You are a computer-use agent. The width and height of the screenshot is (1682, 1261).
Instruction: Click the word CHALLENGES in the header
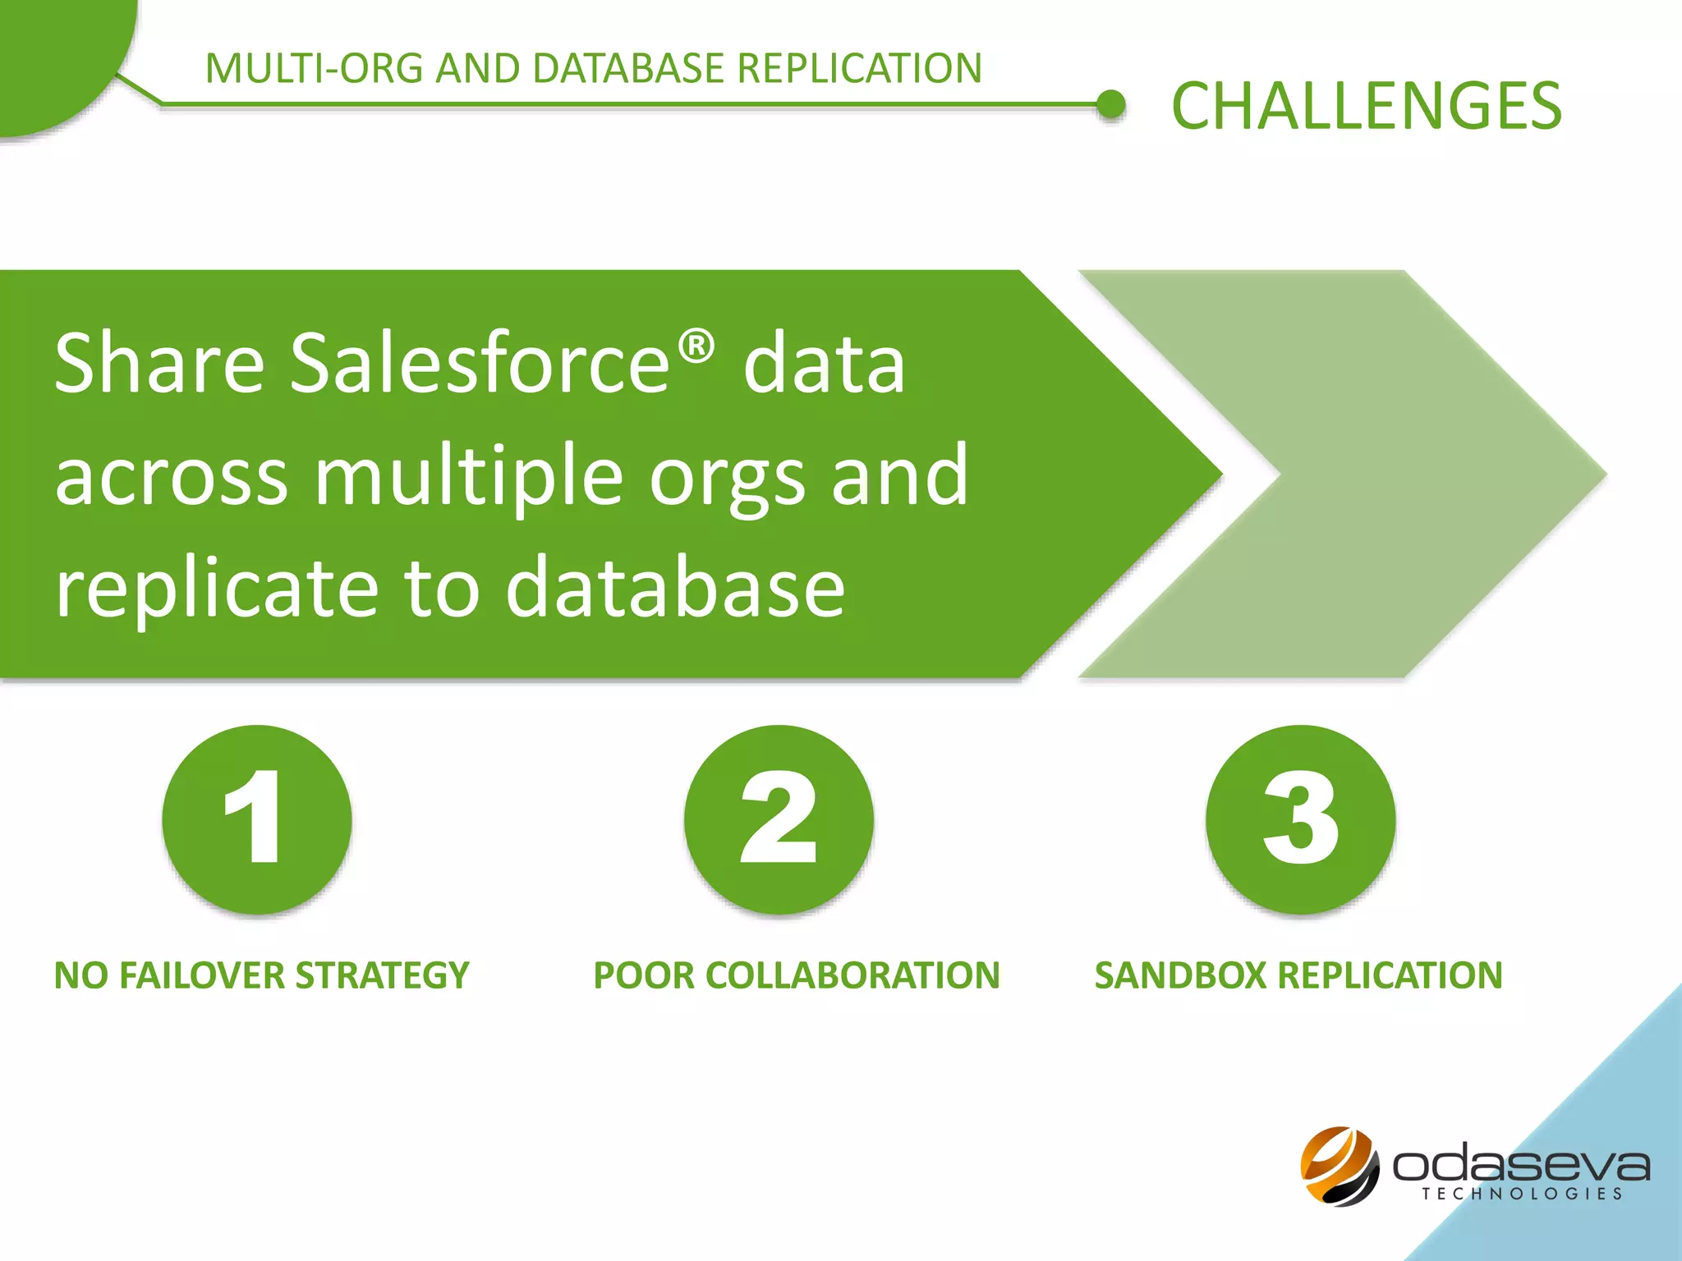coord(1366,106)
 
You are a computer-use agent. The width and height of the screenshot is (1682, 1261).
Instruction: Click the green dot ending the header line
coord(1111,104)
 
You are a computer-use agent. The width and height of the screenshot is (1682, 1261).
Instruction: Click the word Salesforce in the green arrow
coord(480,363)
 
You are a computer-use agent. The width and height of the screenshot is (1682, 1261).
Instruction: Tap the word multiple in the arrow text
coord(468,476)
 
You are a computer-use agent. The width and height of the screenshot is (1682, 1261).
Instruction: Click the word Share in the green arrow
coord(159,363)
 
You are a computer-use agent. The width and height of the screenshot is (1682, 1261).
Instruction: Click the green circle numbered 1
coord(257,819)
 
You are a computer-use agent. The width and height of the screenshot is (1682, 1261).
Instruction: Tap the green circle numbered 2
coord(779,819)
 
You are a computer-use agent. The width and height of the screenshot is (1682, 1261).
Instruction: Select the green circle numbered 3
coord(1300,819)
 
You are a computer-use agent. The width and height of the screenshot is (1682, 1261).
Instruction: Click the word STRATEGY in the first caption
coord(382,975)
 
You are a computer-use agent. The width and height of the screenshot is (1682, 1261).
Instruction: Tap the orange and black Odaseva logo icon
coord(1340,1166)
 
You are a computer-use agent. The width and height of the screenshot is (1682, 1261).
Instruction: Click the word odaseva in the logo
coord(1520,1163)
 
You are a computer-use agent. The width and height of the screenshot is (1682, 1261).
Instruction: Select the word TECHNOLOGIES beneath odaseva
coord(1522,1194)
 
